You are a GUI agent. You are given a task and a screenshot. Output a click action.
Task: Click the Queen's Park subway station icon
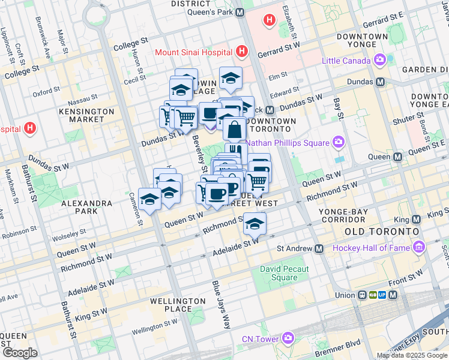pos(240,12)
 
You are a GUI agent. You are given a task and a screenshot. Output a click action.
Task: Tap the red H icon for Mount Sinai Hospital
pos(242,52)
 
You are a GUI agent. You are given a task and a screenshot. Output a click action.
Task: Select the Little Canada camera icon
pos(379,60)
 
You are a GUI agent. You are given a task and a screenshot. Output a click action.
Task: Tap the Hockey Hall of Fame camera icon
pos(418,247)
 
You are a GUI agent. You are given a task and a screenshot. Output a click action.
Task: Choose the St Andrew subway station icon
pos(319,248)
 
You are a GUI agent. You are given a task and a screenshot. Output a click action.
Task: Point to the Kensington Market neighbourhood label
pos(83,115)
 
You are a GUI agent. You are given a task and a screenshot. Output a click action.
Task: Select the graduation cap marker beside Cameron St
pos(149,200)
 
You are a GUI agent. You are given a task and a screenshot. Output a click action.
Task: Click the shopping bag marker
pos(235,128)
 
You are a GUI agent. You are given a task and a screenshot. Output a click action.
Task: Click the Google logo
pos(20,353)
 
